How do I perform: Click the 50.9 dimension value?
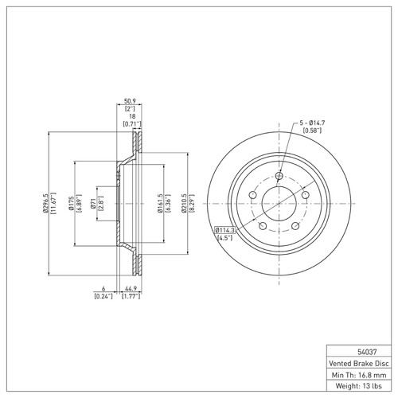pyautogui.click(x=131, y=101)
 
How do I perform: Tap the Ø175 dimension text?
pyautogui.click(x=70, y=204)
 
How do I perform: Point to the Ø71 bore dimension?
pyautogui.click(x=93, y=204)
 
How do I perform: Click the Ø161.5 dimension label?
pyautogui.click(x=160, y=204)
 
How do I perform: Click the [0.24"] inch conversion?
pyautogui.click(x=103, y=297)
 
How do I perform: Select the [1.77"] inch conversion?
pyautogui.click(x=133, y=297)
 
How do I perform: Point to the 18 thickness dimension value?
pyautogui.click(x=131, y=115)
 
